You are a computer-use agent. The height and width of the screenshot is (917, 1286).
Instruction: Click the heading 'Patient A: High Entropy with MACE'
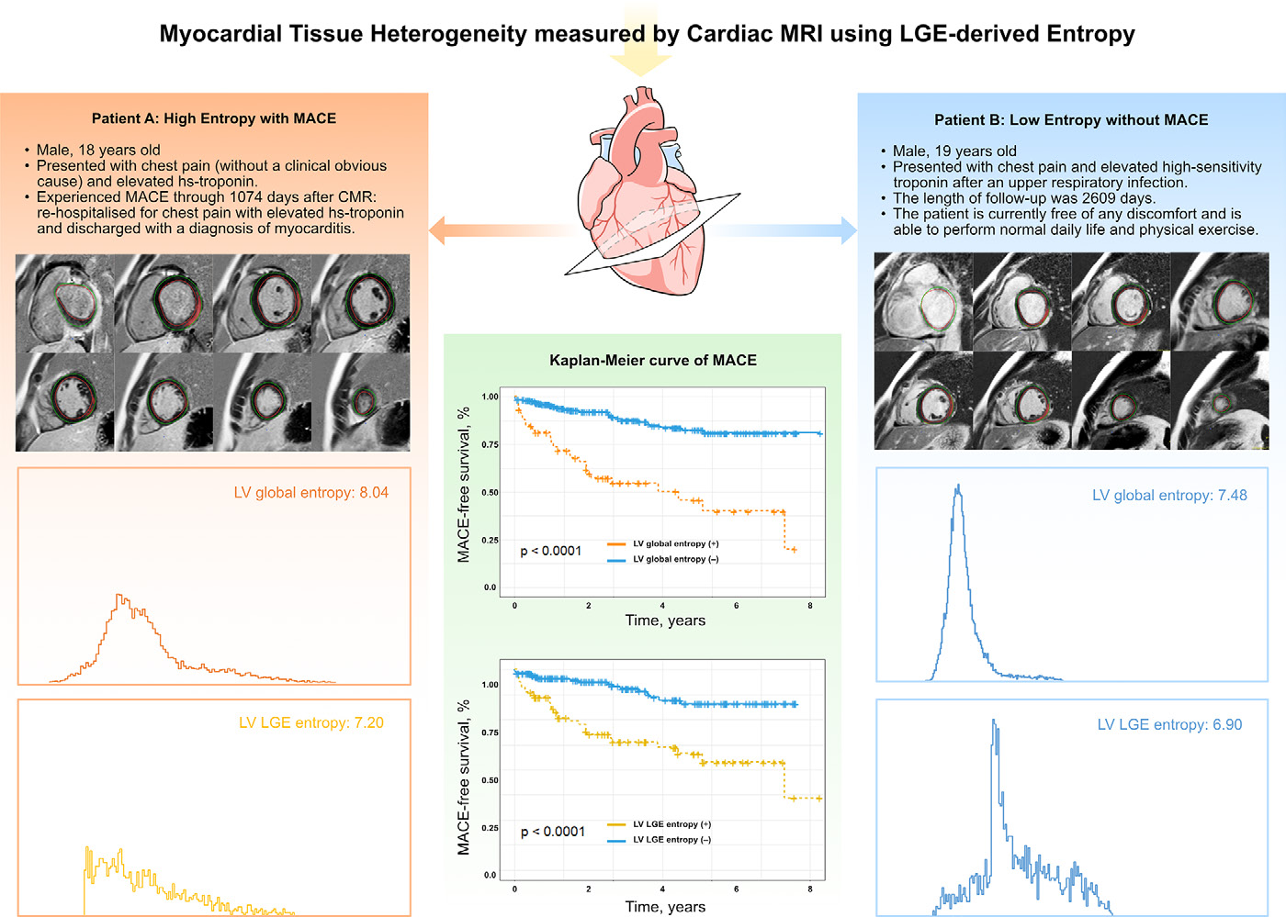[x=213, y=118]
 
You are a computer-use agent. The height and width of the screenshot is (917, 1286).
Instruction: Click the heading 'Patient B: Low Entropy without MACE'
[x=1071, y=119]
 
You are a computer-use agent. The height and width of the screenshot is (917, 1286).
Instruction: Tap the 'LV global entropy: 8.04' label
[x=311, y=492]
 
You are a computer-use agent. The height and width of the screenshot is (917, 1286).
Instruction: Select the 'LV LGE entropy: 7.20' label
[x=311, y=722]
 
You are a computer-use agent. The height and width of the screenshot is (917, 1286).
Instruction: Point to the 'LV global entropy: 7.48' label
[x=1169, y=496]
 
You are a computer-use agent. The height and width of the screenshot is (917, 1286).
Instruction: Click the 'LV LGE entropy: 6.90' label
[x=1169, y=724]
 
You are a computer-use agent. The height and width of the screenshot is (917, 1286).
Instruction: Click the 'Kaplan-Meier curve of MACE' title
[x=653, y=361]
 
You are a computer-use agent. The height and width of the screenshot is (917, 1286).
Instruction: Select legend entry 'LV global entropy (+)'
[x=663, y=543]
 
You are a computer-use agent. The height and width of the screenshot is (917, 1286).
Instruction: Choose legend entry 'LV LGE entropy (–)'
[x=660, y=840]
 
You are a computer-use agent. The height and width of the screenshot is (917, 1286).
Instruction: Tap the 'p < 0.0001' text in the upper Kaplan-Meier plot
[x=550, y=551]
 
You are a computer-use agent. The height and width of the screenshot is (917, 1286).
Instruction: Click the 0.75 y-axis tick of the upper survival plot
[x=490, y=444]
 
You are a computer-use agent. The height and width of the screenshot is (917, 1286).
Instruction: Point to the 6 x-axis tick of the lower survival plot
[x=736, y=889]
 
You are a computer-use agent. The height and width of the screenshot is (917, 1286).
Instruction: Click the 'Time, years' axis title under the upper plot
[x=665, y=621]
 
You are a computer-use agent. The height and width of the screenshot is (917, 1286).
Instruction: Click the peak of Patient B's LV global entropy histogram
[x=958, y=486]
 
